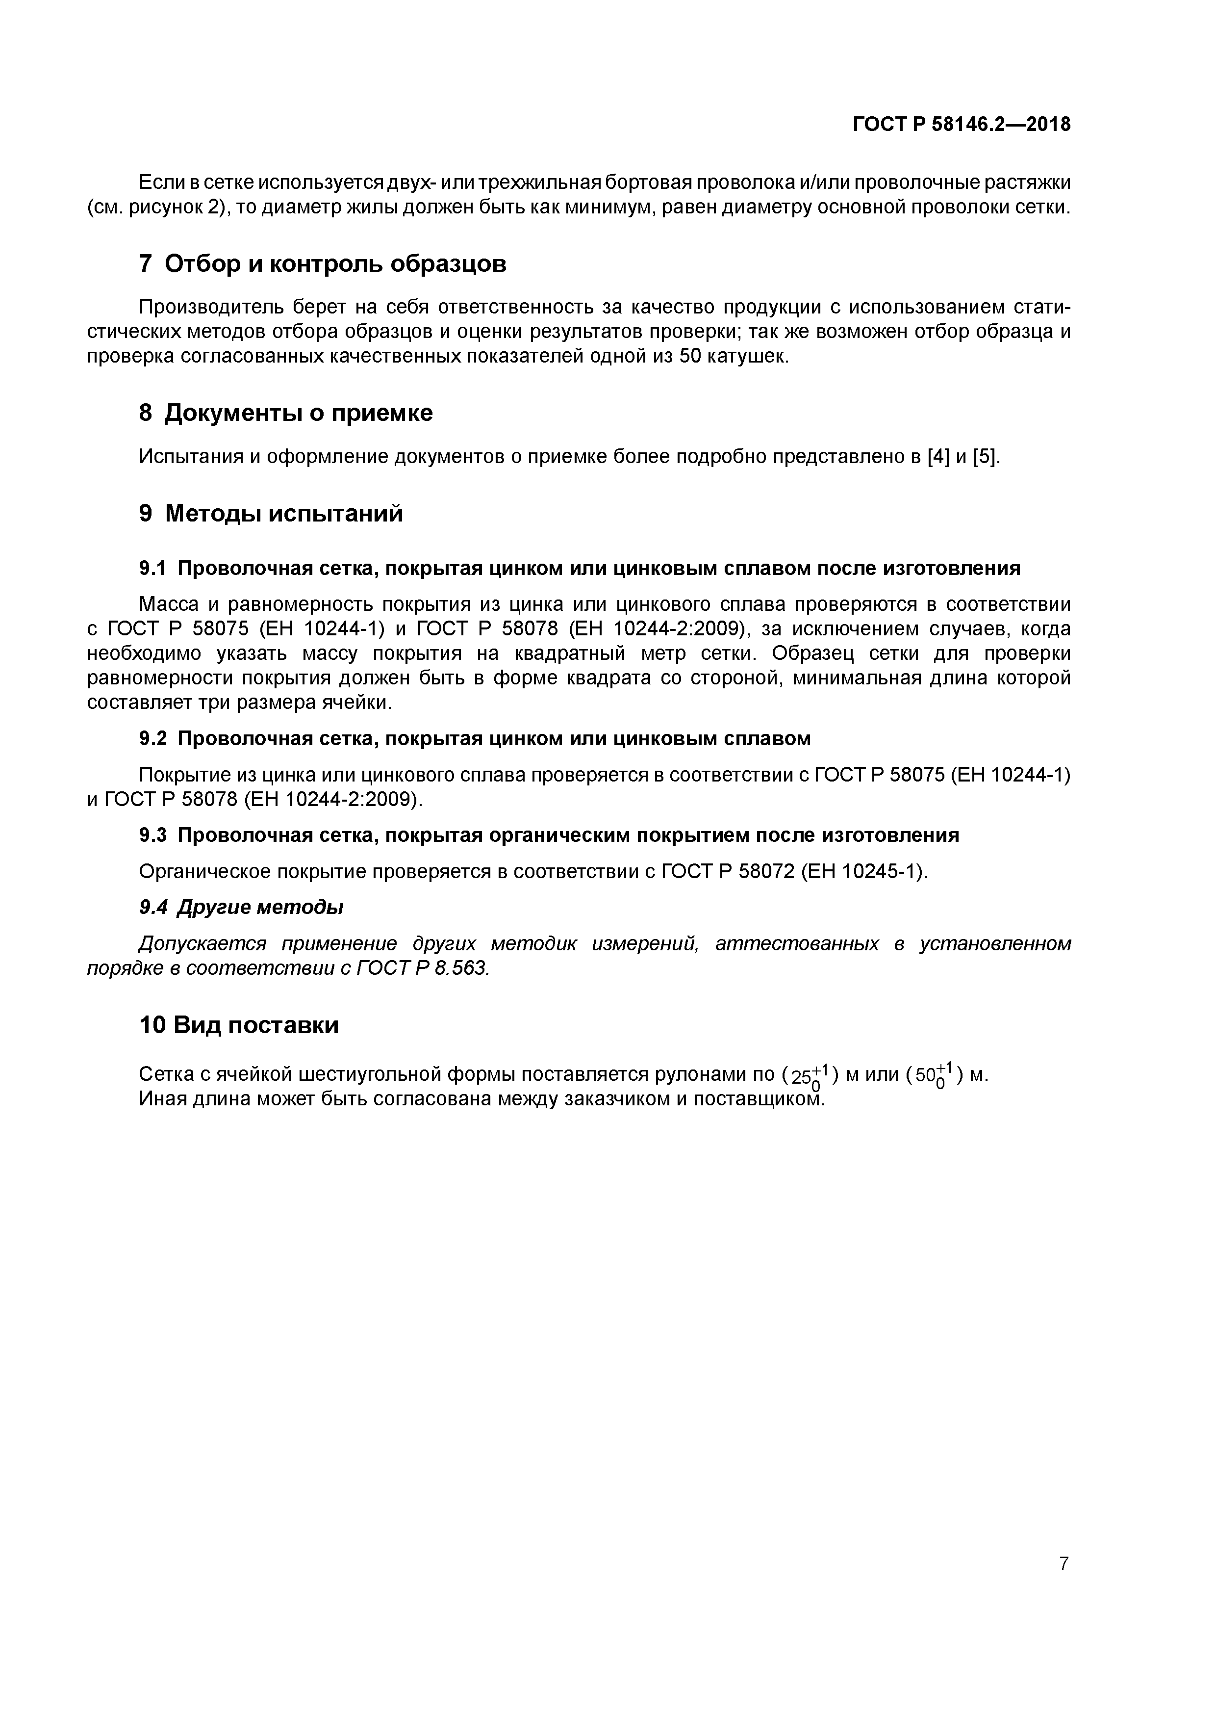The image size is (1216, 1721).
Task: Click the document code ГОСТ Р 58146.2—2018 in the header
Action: click(961, 125)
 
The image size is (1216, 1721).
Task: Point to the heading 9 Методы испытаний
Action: click(271, 514)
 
